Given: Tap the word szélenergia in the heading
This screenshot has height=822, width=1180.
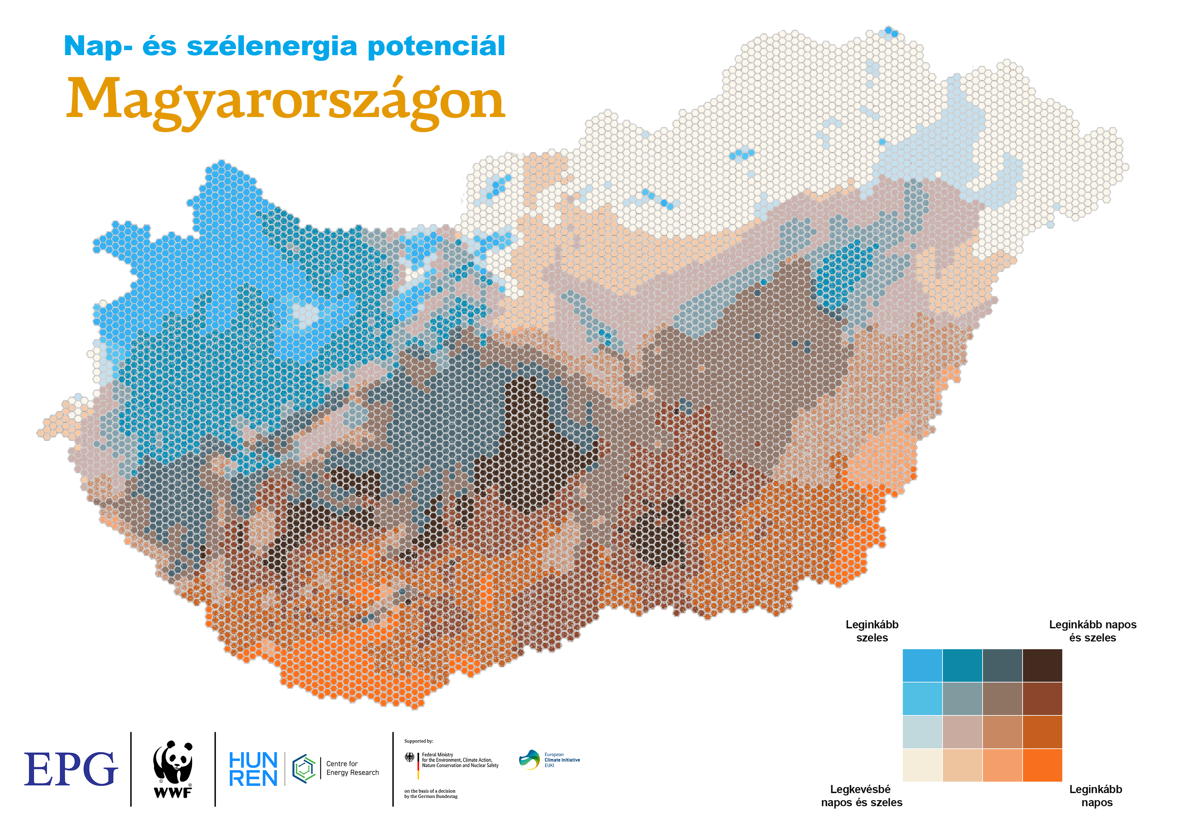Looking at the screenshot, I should click(x=271, y=46).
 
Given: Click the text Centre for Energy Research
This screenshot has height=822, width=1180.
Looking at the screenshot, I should click(x=352, y=768).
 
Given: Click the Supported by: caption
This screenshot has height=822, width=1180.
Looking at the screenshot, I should click(x=418, y=741).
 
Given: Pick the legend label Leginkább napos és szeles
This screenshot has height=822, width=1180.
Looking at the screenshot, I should click(x=1092, y=631).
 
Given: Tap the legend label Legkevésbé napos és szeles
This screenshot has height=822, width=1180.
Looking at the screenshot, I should click(x=861, y=795).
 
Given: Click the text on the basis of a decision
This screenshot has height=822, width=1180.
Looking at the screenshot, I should click(x=430, y=791).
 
